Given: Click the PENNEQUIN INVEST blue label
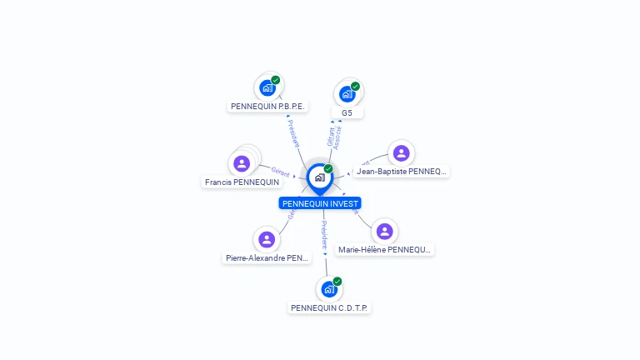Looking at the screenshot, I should pos(320,203).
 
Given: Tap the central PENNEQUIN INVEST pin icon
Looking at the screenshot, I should pos(319,177).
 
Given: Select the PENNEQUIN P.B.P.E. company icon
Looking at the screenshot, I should pos(267,87).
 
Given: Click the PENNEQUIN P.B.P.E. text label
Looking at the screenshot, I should pos(268,107).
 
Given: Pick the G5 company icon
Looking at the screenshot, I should pos(347,93).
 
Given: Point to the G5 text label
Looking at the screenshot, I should pos(347,112).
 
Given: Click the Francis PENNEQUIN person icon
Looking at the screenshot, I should pos(242,162).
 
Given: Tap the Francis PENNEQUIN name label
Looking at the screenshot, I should pos(242,182).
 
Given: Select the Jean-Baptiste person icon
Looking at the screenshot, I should pos(401,153).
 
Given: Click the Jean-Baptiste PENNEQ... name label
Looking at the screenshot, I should pos(402,172).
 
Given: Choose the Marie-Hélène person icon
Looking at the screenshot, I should pos(384,231).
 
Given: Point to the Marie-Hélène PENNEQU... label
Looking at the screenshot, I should pos(385,249).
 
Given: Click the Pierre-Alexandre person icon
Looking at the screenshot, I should pos(267,240).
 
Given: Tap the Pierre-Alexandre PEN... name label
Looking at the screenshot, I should pos(267,258).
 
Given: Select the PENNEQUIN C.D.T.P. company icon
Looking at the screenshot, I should pos(329,289).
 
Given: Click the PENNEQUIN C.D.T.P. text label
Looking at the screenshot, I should pos(329,307).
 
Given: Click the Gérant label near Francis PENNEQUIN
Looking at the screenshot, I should pos(281,171).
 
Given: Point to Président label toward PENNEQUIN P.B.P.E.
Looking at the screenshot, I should pos(294,133).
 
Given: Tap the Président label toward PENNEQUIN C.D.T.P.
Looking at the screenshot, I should pos(324,237).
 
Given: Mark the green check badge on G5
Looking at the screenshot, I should pos(355,87).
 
